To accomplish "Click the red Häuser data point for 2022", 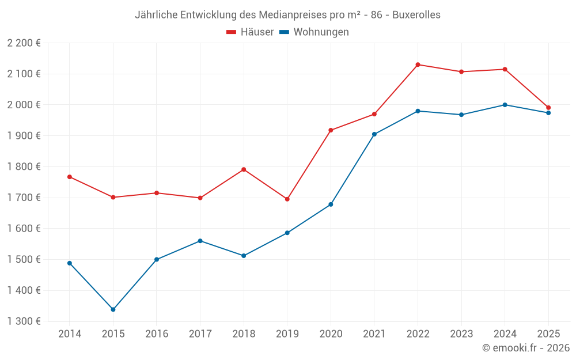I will point(418,65).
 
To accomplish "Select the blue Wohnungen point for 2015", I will point(113,309).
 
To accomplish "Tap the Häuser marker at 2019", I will point(287,199).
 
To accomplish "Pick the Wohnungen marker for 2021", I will point(374,134).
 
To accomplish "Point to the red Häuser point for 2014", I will point(70,177).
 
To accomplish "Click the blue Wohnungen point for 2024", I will point(505,105).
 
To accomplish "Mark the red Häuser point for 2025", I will point(548,108).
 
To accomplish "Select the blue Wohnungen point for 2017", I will point(200,241).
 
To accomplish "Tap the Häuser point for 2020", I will point(331,130).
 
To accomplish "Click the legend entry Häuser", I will point(250,32).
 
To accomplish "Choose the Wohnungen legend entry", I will point(314,32).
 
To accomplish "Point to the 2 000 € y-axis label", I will point(24,105).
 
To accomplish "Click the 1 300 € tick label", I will point(24,321).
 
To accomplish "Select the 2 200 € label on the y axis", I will point(24,43).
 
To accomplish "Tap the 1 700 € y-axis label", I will point(24,198).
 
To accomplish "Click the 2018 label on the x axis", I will point(244,334).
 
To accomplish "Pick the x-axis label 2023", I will point(461,334).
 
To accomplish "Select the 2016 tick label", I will point(157,334).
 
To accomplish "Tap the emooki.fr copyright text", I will point(526,348).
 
